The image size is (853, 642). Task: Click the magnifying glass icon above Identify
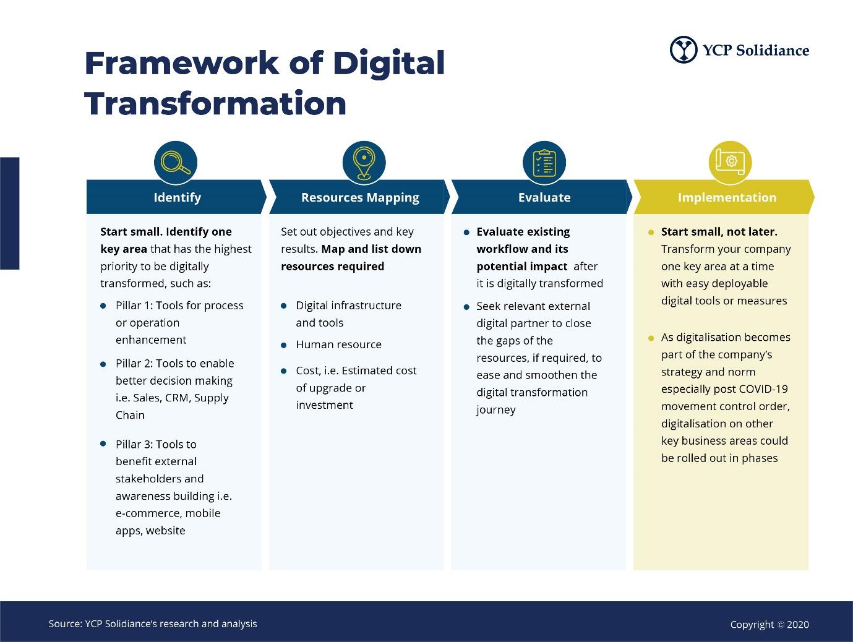click(x=175, y=163)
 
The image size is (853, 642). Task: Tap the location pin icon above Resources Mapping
click(x=364, y=163)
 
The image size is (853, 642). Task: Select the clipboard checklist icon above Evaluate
click(x=544, y=163)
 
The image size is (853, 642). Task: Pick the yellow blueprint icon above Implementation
click(x=730, y=163)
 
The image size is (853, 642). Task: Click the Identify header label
click(x=177, y=198)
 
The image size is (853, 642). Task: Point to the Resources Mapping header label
click(x=360, y=198)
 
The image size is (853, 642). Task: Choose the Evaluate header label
click(x=544, y=197)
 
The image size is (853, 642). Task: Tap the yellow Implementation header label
click(x=727, y=198)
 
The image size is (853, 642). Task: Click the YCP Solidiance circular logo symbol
click(x=684, y=49)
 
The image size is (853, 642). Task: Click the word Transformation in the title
click(x=215, y=103)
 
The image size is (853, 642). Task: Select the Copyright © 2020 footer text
click(x=769, y=624)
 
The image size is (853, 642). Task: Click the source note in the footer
click(x=153, y=623)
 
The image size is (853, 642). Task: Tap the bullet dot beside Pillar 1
click(x=103, y=306)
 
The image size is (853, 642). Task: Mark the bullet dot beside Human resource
click(x=284, y=345)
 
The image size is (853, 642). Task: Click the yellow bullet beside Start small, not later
click(x=651, y=233)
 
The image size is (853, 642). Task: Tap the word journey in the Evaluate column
click(x=496, y=411)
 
